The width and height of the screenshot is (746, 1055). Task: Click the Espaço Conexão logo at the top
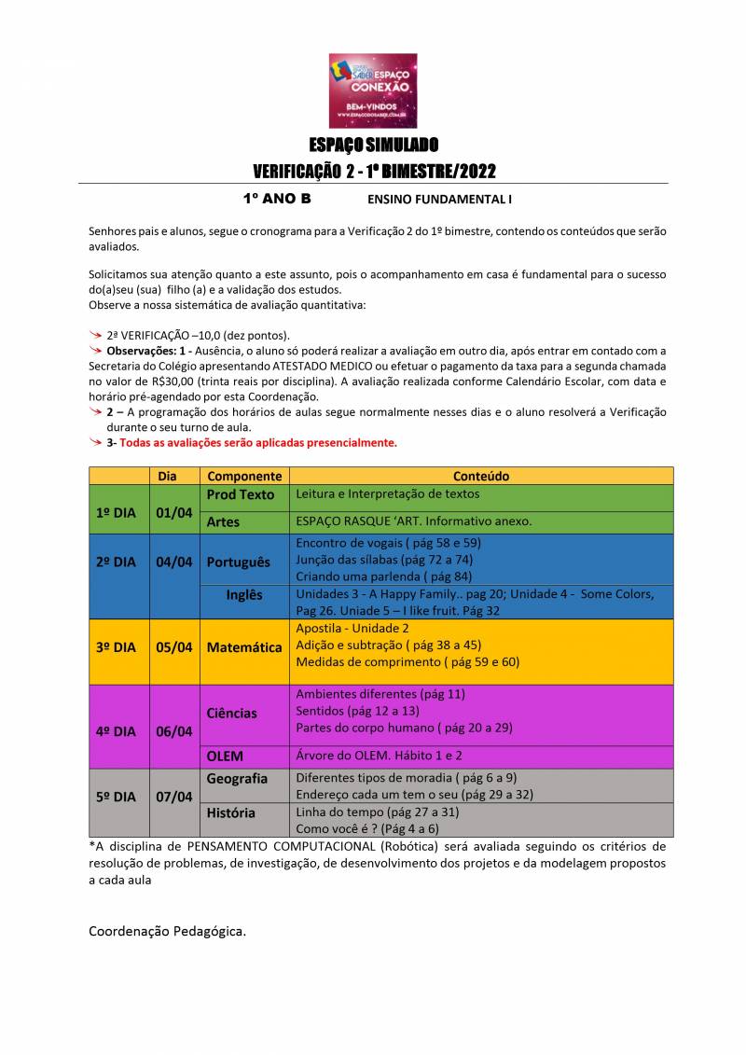[x=373, y=90]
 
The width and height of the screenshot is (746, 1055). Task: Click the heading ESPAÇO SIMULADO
[x=373, y=145]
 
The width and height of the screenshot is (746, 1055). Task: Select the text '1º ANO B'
[x=277, y=199]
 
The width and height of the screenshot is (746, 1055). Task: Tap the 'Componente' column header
[x=244, y=476]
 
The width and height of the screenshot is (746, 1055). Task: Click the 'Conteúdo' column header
[x=481, y=476]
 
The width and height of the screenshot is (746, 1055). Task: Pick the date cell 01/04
[x=174, y=512]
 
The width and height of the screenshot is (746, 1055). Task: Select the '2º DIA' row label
[x=117, y=562]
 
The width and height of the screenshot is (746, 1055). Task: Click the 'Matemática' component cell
[x=244, y=646]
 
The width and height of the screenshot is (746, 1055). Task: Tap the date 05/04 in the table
[x=174, y=646]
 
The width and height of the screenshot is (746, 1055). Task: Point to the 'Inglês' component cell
[x=244, y=595]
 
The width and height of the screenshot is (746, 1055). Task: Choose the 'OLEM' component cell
[x=225, y=757]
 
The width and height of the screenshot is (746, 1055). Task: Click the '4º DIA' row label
[x=117, y=731]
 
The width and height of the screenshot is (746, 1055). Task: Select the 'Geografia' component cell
[x=237, y=778]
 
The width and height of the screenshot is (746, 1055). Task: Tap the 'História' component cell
[x=230, y=812]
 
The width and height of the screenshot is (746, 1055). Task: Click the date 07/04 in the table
[x=174, y=797]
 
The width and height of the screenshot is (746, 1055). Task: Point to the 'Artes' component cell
[x=224, y=521]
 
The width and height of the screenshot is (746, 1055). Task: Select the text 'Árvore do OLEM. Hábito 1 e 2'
[x=379, y=756]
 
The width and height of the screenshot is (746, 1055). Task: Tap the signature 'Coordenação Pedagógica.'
[x=168, y=931]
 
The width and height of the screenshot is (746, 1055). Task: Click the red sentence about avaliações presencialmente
[x=257, y=443]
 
